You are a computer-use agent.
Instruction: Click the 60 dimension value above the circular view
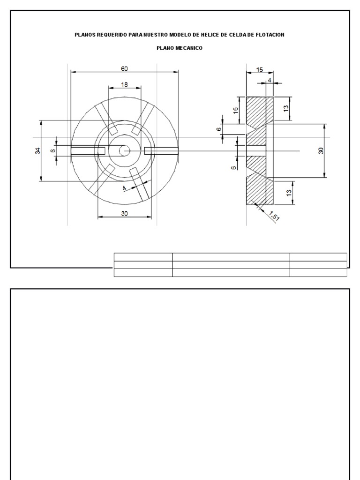(124, 68)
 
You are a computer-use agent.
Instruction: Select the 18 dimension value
(124, 85)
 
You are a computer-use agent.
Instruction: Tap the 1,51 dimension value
(274, 217)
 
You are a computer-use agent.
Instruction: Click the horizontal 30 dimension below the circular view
(125, 213)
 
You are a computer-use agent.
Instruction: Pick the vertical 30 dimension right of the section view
(321, 151)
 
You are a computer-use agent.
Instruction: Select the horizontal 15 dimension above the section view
(259, 69)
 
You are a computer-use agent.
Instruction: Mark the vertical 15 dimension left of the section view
(236, 110)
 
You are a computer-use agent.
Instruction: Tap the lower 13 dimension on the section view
(289, 192)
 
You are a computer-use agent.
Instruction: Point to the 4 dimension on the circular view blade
(124, 188)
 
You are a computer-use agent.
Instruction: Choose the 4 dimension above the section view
(270, 80)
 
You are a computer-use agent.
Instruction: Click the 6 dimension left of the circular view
(53, 150)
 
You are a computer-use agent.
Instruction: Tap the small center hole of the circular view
(124, 150)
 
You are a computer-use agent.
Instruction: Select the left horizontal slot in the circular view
(88, 150)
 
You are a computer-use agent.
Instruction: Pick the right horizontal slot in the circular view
(161, 150)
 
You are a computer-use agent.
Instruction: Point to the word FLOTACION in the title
(267, 35)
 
